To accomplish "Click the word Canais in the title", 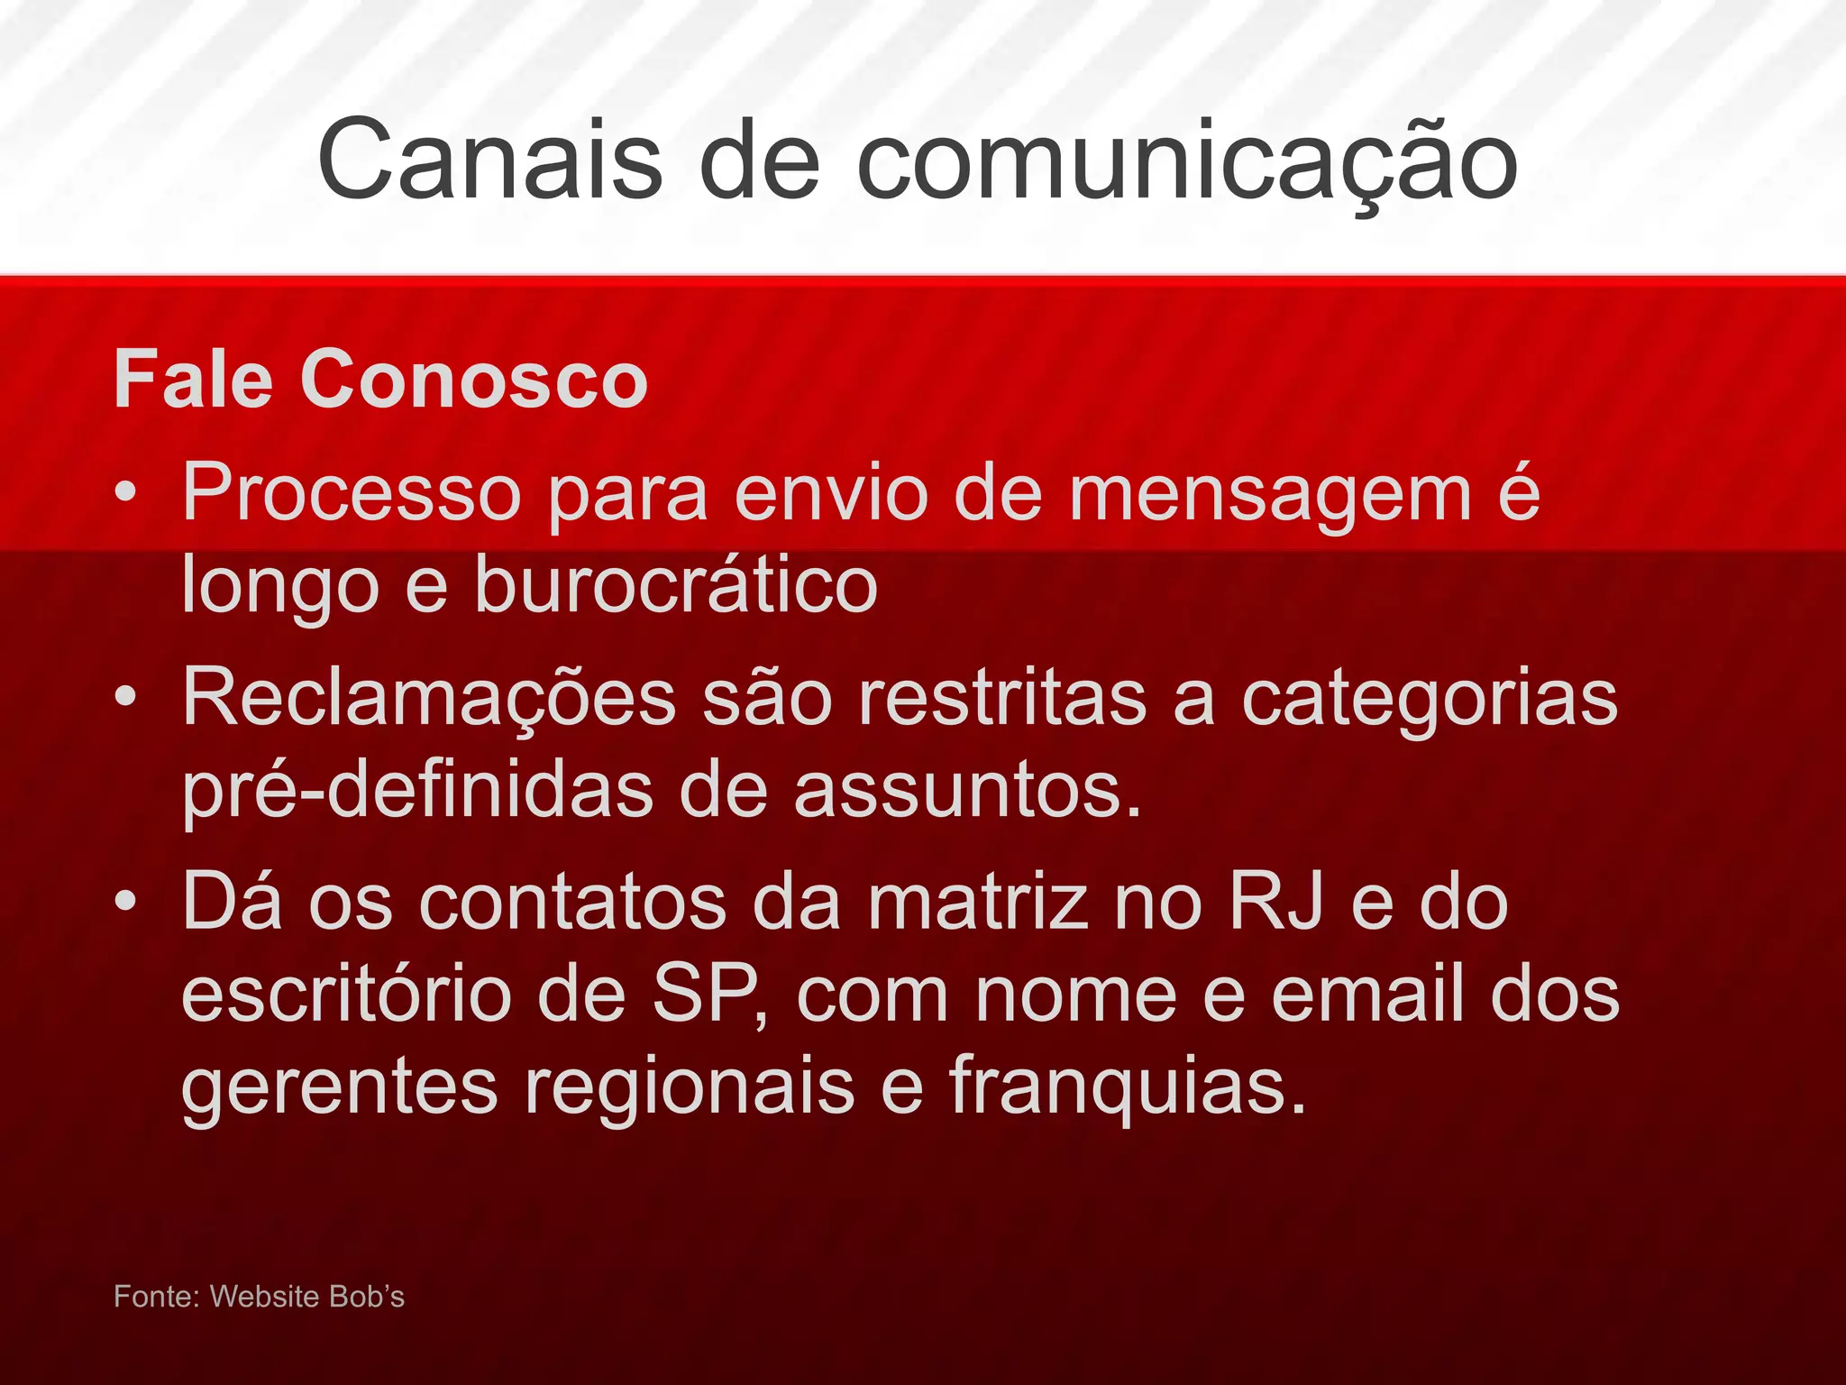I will pyautogui.click(x=490, y=161).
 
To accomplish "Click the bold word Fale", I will pyautogui.click(x=193, y=381).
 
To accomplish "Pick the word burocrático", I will pyautogui.click(x=675, y=584).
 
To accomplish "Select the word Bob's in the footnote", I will pyautogui.click(x=366, y=1297).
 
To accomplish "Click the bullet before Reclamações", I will pyautogui.click(x=126, y=697).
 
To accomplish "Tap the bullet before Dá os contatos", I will pyautogui.click(x=126, y=901).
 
